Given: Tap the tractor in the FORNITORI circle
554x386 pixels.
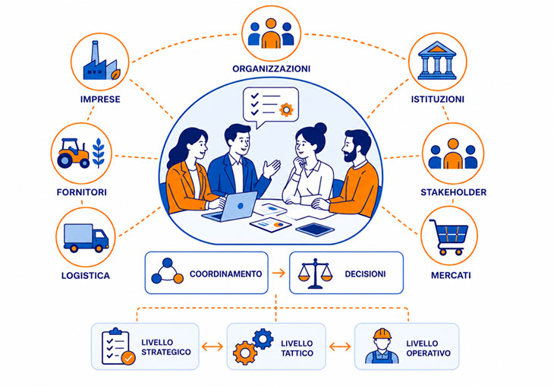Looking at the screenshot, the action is (74, 153).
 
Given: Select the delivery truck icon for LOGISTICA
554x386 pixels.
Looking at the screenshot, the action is (86, 237).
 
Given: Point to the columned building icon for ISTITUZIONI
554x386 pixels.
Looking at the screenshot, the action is (437, 61).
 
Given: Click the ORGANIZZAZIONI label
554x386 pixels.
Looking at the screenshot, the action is (272, 68).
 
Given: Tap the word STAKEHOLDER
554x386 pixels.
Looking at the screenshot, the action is (453, 192).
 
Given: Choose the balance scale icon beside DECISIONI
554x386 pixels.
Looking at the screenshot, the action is (315, 273).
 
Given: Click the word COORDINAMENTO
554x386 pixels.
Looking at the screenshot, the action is (225, 274).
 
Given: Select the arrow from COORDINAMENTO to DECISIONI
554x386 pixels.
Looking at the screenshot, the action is (279, 273).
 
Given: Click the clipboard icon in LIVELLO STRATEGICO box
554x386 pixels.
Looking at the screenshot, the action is (118, 346).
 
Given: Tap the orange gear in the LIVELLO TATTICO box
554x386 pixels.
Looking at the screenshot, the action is (244, 353).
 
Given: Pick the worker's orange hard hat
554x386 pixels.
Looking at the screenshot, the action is (382, 334).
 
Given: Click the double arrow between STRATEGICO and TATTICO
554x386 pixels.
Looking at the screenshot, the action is (212, 346).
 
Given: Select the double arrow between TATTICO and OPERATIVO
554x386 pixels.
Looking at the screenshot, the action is (340, 346).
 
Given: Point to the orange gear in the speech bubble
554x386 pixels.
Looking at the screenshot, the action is (286, 109).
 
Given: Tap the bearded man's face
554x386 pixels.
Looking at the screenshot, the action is (349, 148).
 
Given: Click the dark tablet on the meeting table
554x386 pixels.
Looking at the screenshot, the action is (315, 229).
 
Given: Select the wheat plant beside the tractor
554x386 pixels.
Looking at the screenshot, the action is (99, 153).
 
